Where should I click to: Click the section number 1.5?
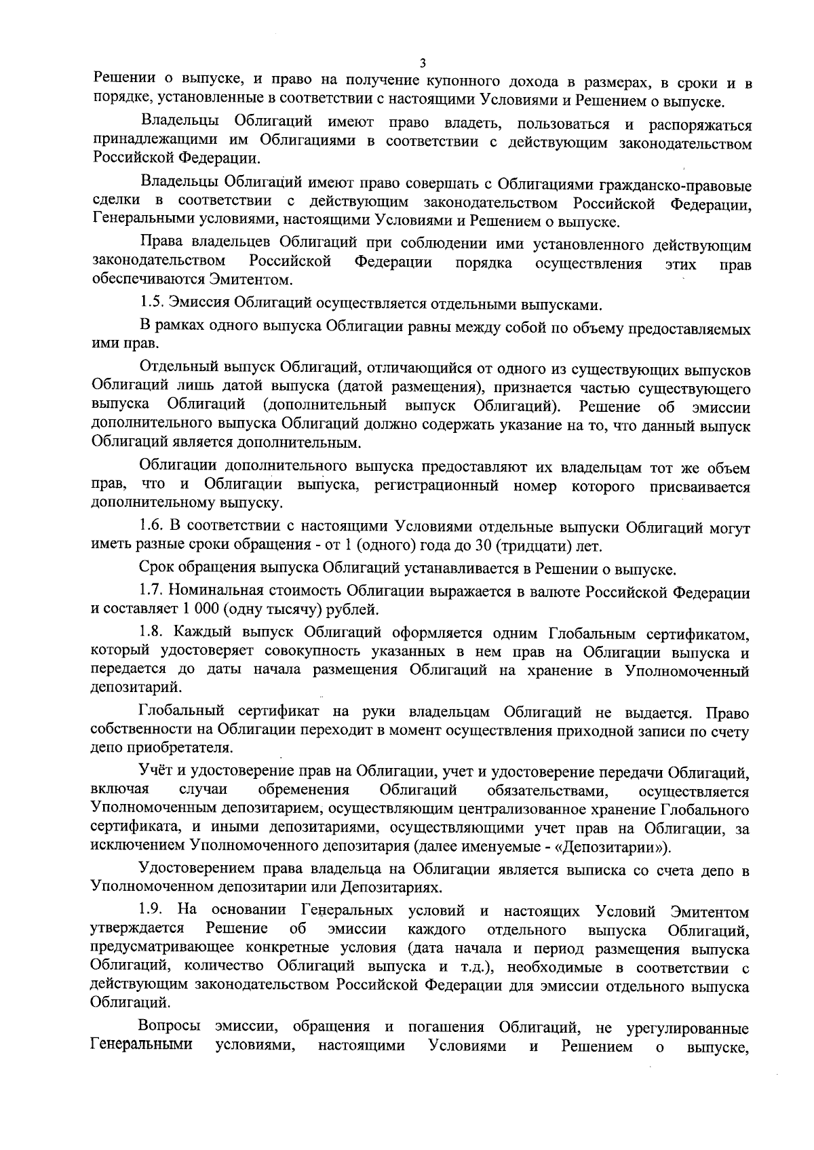(152, 301)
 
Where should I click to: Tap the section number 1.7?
(152, 592)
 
